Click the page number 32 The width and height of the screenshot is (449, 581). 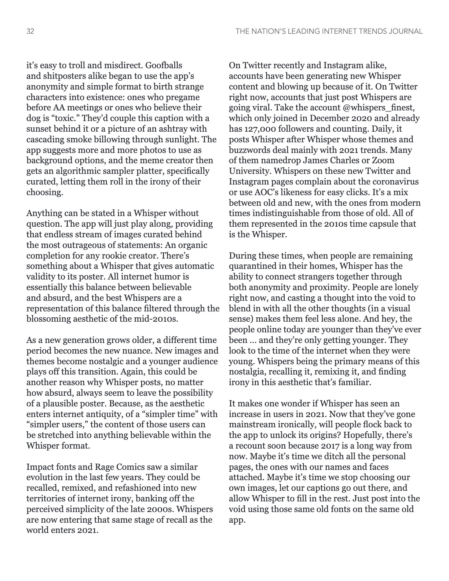point(30,32)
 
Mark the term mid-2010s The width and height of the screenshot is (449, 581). point(156,319)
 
